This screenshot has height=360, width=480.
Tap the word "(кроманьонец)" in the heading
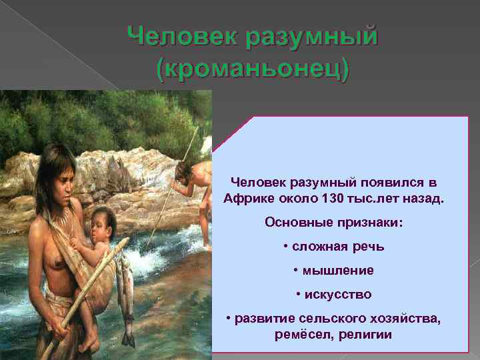(x=251, y=69)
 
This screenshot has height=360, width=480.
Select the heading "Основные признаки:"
(x=333, y=222)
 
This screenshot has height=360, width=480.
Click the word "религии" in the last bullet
(x=367, y=334)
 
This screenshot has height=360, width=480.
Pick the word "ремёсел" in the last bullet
(x=298, y=334)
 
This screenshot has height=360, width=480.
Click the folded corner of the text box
(x=230, y=133)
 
